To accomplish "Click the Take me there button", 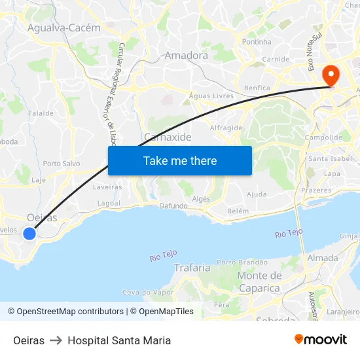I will (x=180, y=160).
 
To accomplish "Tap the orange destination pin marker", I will (x=332, y=75).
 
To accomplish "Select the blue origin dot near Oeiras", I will (x=29, y=233).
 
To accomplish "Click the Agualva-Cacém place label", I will (x=64, y=28).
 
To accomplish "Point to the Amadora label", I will (x=187, y=56).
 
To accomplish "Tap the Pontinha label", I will (x=257, y=42).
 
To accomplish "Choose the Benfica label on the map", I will (x=256, y=88).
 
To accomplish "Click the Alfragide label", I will (x=226, y=128).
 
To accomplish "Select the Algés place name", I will (x=202, y=198).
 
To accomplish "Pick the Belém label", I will (x=238, y=211).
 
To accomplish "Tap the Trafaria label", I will (x=192, y=267).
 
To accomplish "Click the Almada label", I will (x=322, y=257).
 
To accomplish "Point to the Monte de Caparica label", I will (x=259, y=281).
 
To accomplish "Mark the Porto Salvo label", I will (x=61, y=164).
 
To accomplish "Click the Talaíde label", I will (x=41, y=113).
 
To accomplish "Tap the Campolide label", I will (x=323, y=137).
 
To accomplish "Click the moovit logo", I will (x=321, y=340).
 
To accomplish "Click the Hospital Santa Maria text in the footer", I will (x=119, y=340).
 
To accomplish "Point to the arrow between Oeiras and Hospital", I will (x=56, y=340).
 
